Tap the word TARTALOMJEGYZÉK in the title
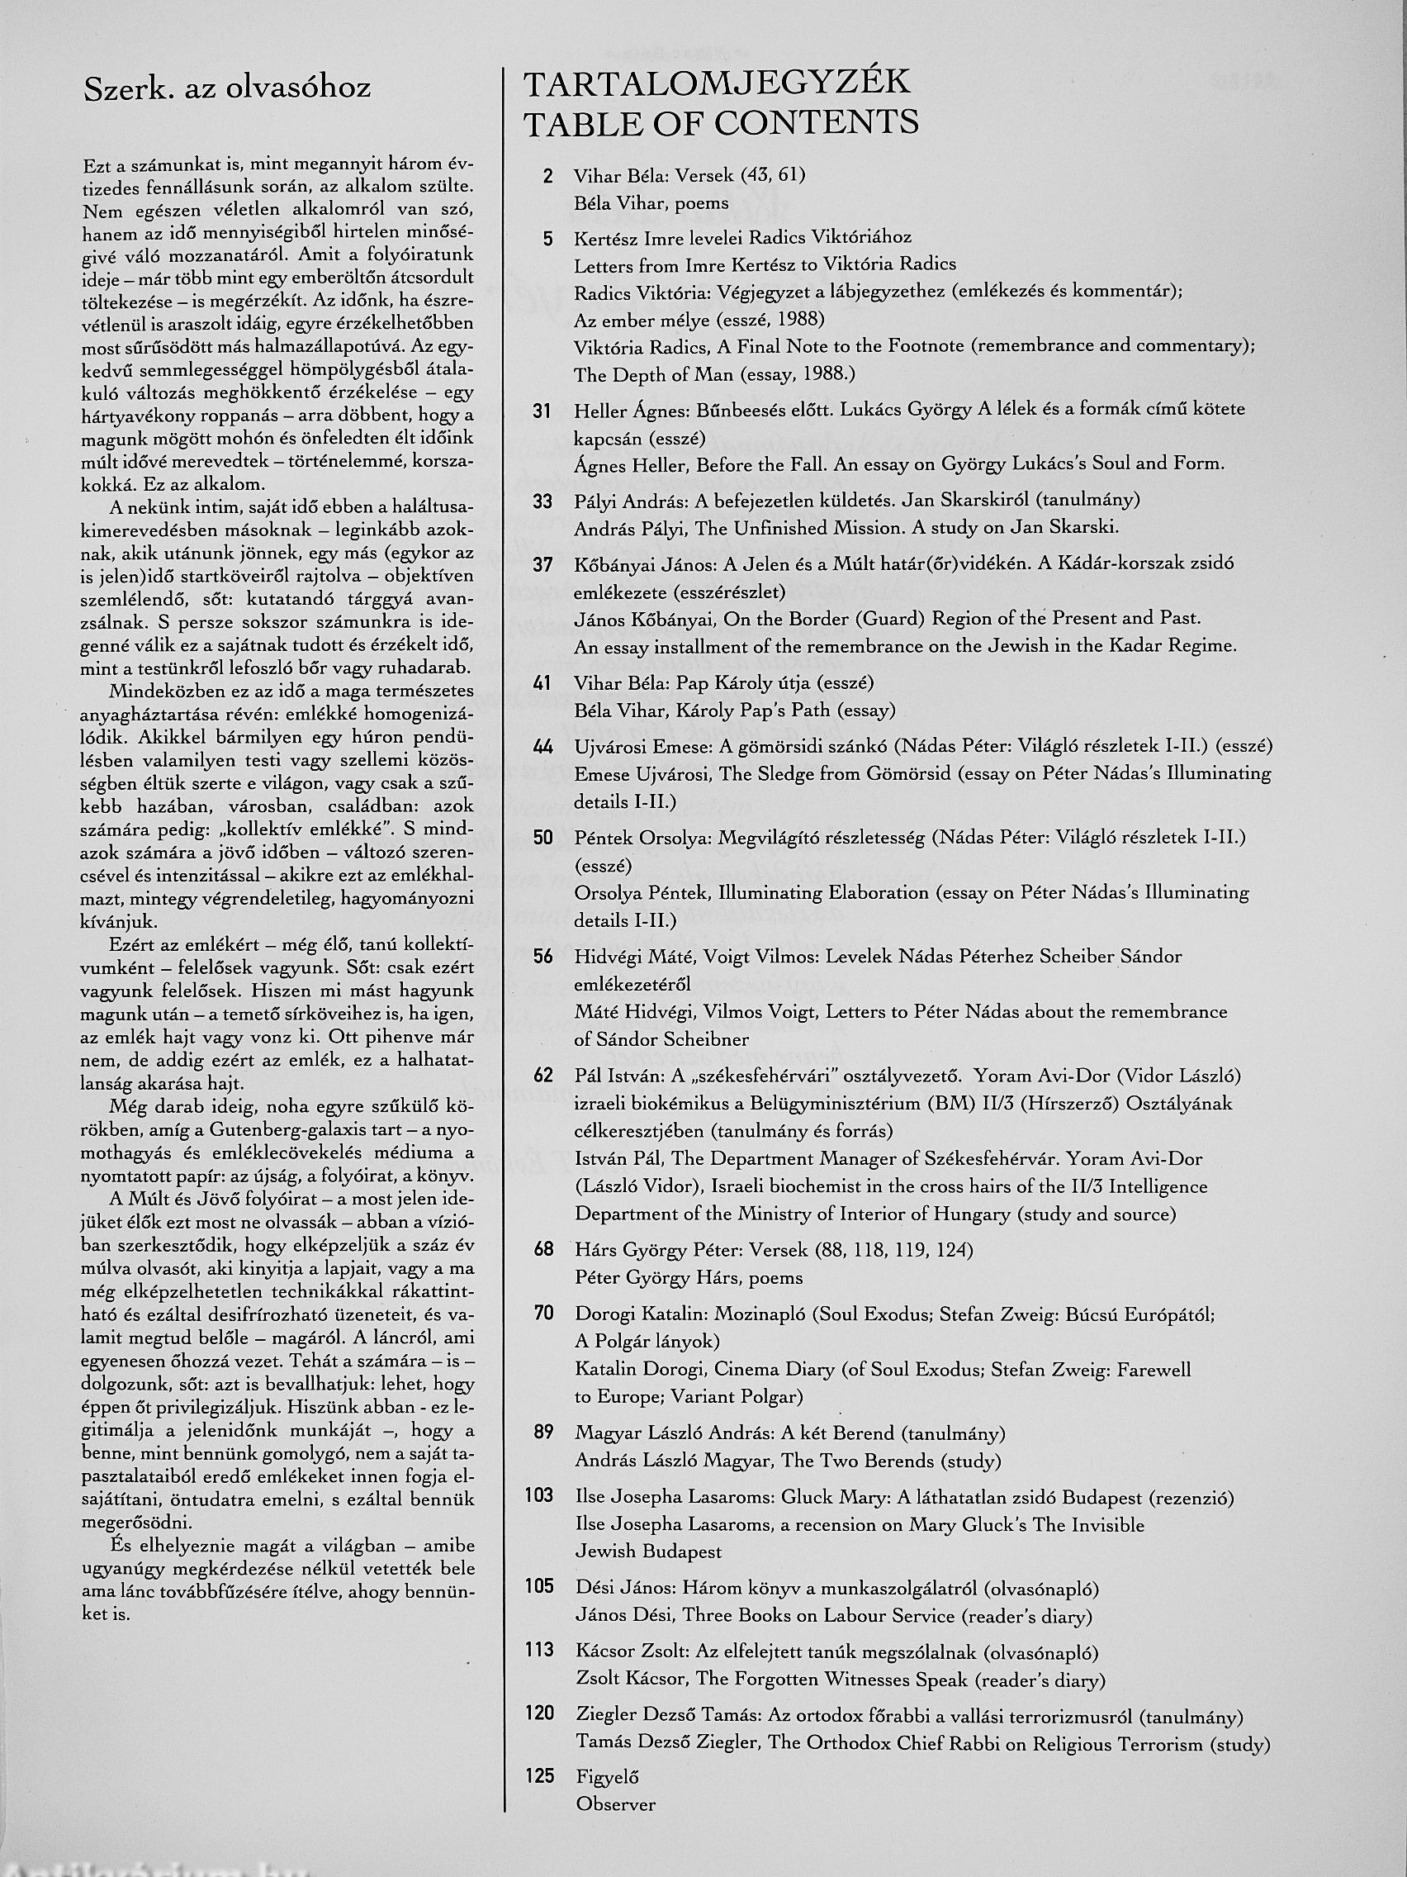717,85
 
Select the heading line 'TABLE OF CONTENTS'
721,124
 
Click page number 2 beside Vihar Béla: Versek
548,177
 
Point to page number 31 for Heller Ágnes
542,411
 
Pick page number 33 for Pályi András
542,501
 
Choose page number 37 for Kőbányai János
542,564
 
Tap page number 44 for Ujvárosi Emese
542,747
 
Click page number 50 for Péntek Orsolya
542,839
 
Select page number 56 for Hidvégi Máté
542,958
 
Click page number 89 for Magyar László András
542,1433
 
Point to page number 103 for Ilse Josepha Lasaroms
539,1496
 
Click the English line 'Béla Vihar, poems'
651,204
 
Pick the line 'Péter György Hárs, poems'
689,1277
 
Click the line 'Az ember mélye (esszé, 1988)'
699,320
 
